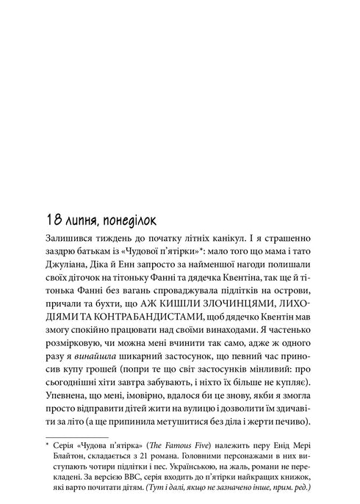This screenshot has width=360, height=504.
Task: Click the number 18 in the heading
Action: [x=53, y=219]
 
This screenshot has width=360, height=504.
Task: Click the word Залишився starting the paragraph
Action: [x=72, y=239]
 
